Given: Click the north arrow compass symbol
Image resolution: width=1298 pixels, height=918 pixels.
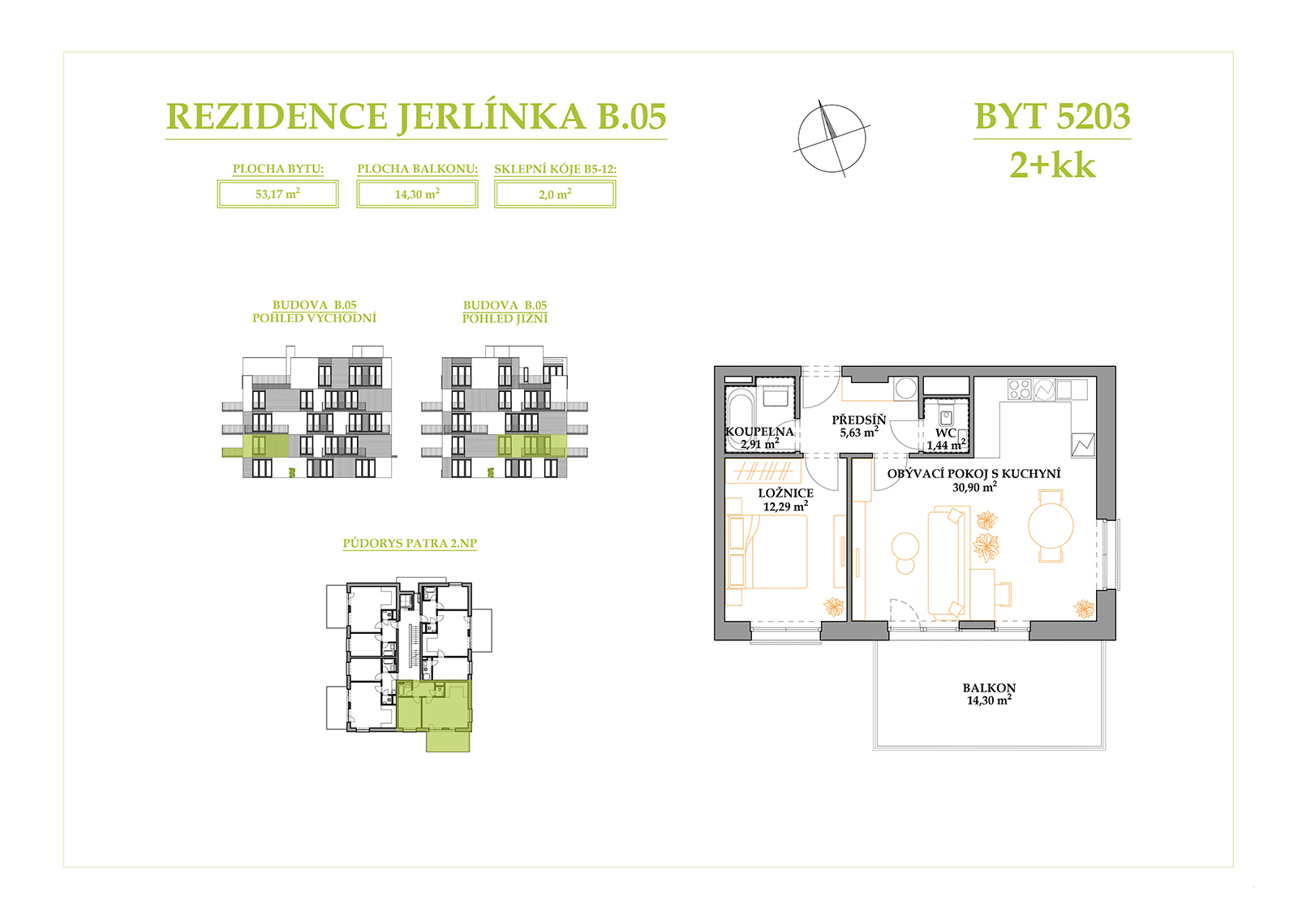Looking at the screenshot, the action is tap(832, 139).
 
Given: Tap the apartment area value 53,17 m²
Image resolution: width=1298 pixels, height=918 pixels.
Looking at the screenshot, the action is tap(277, 194).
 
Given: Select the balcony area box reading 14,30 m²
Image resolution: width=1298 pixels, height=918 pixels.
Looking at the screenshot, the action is tap(417, 194).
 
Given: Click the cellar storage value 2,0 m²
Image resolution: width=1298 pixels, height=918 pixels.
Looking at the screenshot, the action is tap(555, 194).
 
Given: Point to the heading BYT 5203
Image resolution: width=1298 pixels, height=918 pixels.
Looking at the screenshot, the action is tap(1052, 116).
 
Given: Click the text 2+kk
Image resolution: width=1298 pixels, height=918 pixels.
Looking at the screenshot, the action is tap(1052, 166).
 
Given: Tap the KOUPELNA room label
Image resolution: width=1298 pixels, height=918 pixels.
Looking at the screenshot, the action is tap(759, 432).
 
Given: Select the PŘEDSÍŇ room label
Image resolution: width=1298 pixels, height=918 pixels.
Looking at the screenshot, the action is tap(859, 420).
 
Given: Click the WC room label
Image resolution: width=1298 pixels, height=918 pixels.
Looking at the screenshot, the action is tap(945, 433).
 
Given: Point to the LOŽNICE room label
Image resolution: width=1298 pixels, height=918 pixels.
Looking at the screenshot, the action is tap(786, 493).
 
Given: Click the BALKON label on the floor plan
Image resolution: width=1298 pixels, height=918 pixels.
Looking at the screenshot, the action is tap(989, 687).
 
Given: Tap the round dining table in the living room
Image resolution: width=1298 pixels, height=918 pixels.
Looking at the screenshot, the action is tap(1051, 526).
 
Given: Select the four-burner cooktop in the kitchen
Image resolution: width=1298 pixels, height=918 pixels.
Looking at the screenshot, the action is tap(1019, 389).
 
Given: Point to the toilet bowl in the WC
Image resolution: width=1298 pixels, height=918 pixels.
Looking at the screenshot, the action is tap(946, 417).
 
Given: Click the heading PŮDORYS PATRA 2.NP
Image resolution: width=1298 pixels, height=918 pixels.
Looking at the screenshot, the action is tap(410, 543).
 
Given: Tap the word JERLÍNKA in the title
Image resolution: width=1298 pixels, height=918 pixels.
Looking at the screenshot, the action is tap(492, 117).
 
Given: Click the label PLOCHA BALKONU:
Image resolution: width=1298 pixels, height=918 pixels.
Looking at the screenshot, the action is tap(417, 169).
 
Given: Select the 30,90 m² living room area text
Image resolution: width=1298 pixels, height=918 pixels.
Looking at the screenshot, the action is tap(974, 487).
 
